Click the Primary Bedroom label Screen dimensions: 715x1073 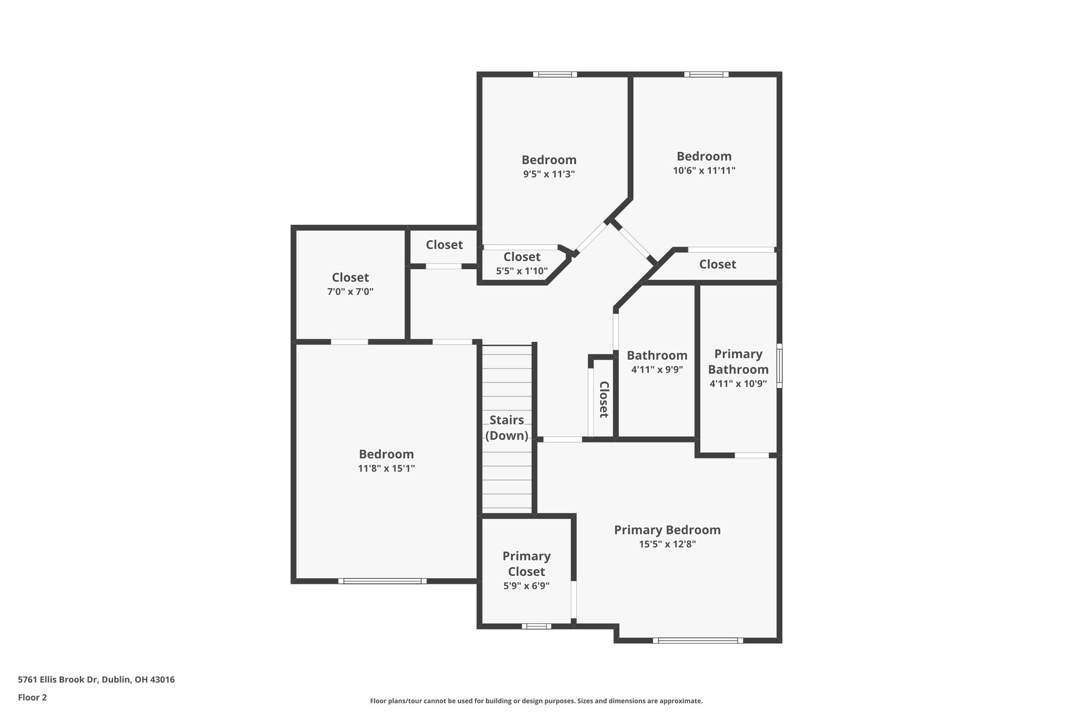click(x=667, y=530)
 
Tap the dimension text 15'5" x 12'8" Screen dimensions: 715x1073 click(x=667, y=544)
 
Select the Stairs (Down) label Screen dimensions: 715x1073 click(x=507, y=428)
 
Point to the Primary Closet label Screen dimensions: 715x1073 click(x=526, y=564)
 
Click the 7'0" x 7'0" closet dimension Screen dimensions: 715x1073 click(x=350, y=292)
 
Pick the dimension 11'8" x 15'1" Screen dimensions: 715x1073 click(x=386, y=469)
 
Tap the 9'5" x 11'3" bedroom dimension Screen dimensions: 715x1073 click(x=549, y=174)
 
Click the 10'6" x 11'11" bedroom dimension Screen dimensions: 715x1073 click(x=704, y=170)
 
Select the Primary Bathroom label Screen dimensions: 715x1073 click(x=738, y=361)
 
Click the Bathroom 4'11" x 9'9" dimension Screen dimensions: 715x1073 click(x=657, y=369)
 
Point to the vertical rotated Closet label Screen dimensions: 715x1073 click(x=604, y=399)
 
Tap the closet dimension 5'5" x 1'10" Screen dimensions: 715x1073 click(x=522, y=271)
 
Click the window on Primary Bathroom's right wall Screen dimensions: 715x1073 click(x=780, y=366)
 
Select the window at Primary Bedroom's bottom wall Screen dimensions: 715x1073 click(x=698, y=640)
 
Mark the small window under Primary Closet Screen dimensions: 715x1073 click(x=536, y=626)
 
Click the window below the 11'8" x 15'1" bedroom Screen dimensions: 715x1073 click(x=382, y=581)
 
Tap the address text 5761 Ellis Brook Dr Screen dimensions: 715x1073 click(x=96, y=680)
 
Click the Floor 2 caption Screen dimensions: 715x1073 click(x=32, y=697)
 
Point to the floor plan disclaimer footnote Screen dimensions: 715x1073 click(x=536, y=701)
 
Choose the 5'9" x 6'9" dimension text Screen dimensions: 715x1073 click(x=526, y=586)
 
